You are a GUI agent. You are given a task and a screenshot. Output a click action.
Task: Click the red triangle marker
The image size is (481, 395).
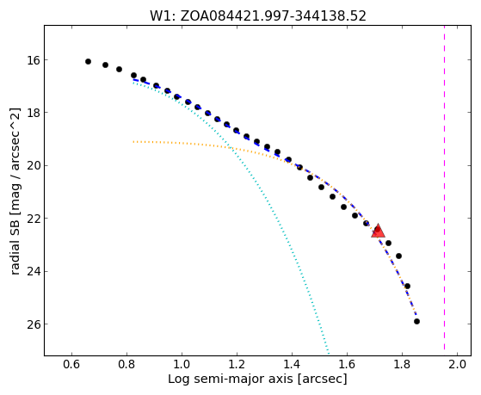click(378, 231)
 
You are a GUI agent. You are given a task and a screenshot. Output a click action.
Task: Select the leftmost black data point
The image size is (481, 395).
click(88, 61)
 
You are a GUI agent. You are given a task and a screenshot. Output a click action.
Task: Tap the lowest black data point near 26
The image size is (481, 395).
click(416, 321)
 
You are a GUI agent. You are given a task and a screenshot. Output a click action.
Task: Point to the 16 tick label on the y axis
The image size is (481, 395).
click(34, 60)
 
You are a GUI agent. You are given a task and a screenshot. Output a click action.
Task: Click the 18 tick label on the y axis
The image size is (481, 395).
click(34, 113)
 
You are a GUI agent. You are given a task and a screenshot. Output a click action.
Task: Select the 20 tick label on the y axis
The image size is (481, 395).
click(34, 166)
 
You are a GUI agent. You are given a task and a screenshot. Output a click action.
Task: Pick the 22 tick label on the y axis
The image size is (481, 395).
click(34, 219)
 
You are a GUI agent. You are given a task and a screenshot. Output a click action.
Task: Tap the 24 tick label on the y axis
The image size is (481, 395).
click(34, 272)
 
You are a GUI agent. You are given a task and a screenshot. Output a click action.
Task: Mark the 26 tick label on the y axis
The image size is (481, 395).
click(34, 324)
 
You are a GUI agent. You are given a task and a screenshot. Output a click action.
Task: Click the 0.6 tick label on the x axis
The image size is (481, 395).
click(71, 365)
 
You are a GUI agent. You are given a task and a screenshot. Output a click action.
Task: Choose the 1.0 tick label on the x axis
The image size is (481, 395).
click(182, 365)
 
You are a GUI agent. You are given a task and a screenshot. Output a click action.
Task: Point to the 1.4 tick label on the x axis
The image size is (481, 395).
click(292, 365)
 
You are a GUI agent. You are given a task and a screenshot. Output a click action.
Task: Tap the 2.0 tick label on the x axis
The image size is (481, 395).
click(458, 365)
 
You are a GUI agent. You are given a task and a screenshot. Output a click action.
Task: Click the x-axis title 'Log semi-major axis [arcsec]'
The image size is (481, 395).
click(257, 380)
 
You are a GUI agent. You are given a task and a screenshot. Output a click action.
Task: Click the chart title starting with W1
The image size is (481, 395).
click(258, 16)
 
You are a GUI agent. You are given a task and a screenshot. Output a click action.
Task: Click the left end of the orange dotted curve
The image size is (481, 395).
click(133, 142)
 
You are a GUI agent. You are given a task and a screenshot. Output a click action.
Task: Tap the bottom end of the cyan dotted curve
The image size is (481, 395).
click(329, 355)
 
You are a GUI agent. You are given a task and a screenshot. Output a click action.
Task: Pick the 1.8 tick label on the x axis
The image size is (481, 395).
click(402, 365)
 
